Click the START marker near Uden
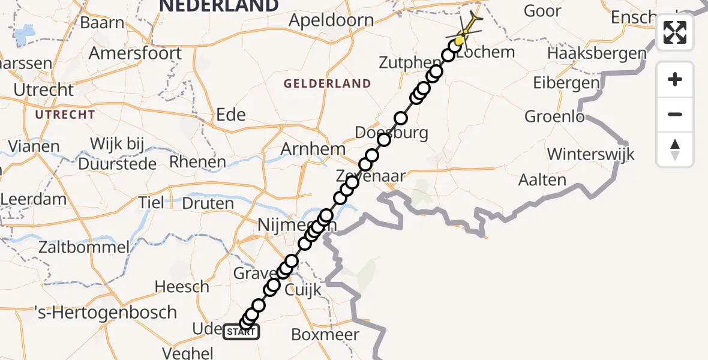241,332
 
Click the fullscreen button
675,32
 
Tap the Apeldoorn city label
331,20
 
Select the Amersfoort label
135,53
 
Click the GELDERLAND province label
328,83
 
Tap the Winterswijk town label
590,154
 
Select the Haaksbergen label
597,54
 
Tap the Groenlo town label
554,116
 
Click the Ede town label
231,115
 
